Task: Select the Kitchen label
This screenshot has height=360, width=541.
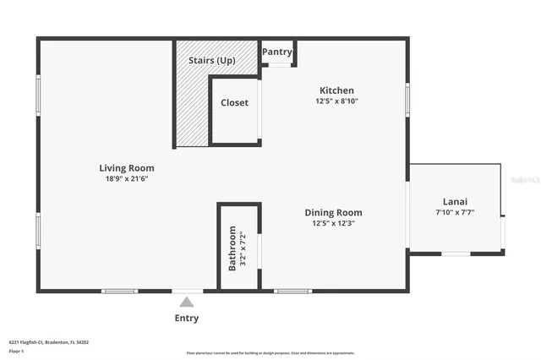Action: [336, 90]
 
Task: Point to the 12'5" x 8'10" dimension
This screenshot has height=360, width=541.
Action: [336, 101]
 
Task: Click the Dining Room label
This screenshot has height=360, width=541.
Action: [333, 212]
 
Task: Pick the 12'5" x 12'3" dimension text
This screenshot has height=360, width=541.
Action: [333, 223]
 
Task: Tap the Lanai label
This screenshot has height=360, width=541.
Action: [455, 202]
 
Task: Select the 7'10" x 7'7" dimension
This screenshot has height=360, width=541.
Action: [455, 213]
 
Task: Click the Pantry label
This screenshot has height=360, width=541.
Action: [277, 52]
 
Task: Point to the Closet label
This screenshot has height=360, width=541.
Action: [234, 102]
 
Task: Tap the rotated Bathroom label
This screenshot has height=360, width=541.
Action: [232, 248]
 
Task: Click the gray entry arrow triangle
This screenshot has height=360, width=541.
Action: [187, 300]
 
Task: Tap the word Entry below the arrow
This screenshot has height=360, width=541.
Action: [187, 318]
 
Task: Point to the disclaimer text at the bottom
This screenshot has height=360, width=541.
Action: [270, 352]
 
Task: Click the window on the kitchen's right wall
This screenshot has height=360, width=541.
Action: [407, 100]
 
